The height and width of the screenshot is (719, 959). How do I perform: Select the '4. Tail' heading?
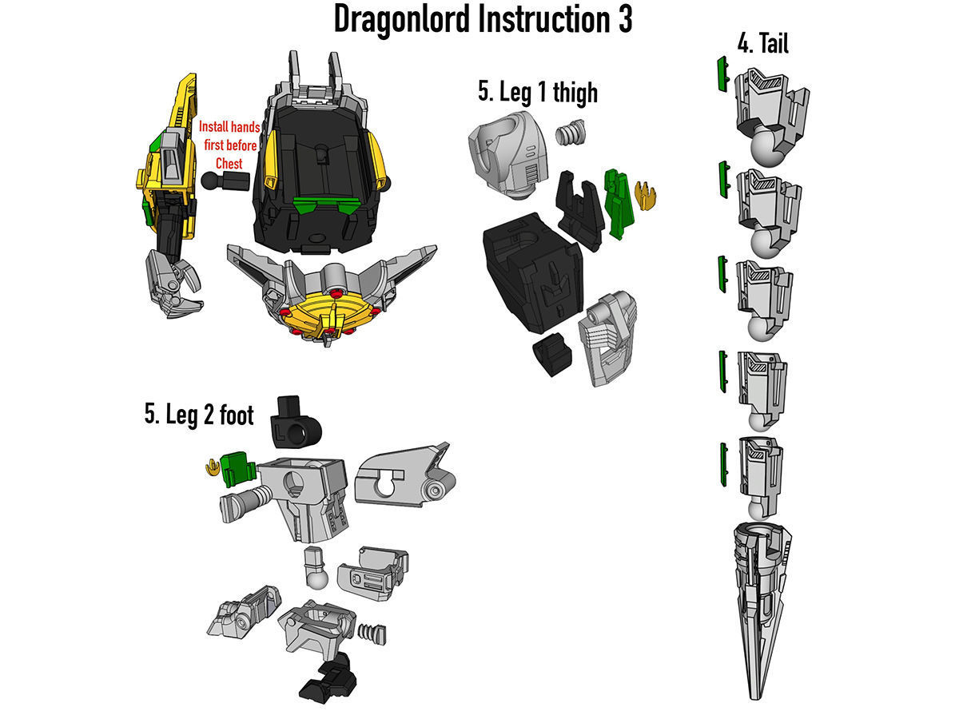(x=762, y=43)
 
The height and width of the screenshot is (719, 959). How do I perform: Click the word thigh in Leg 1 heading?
(x=571, y=92)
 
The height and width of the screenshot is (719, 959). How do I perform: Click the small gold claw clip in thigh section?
(x=643, y=194)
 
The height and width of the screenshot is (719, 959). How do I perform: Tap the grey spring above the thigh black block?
(x=571, y=132)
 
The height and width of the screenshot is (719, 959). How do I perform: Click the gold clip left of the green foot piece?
(x=212, y=467)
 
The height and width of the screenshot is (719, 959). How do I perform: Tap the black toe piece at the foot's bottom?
(x=328, y=679)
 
